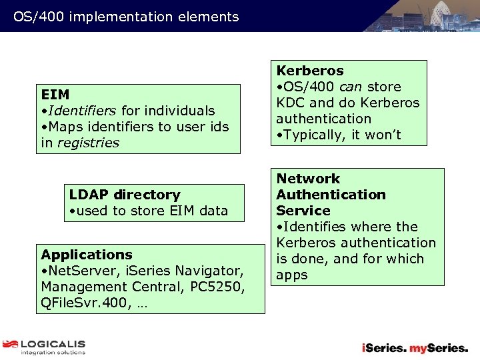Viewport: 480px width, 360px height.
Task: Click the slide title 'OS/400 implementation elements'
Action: click(x=126, y=17)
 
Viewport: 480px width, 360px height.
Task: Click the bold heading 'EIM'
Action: click(x=55, y=95)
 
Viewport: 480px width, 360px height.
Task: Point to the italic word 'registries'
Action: click(x=88, y=143)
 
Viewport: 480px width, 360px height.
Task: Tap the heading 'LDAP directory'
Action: click(x=125, y=195)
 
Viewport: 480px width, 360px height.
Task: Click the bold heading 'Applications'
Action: click(x=87, y=255)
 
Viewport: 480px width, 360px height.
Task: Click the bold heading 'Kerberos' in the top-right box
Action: click(x=310, y=71)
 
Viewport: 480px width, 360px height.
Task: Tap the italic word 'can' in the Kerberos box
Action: click(x=351, y=87)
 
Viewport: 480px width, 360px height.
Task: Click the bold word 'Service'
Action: click(x=303, y=211)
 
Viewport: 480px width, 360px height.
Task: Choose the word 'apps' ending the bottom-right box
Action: click(x=292, y=275)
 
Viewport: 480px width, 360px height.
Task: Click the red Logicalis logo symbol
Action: click(x=10, y=344)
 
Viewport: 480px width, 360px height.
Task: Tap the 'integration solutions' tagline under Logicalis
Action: click(x=53, y=352)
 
